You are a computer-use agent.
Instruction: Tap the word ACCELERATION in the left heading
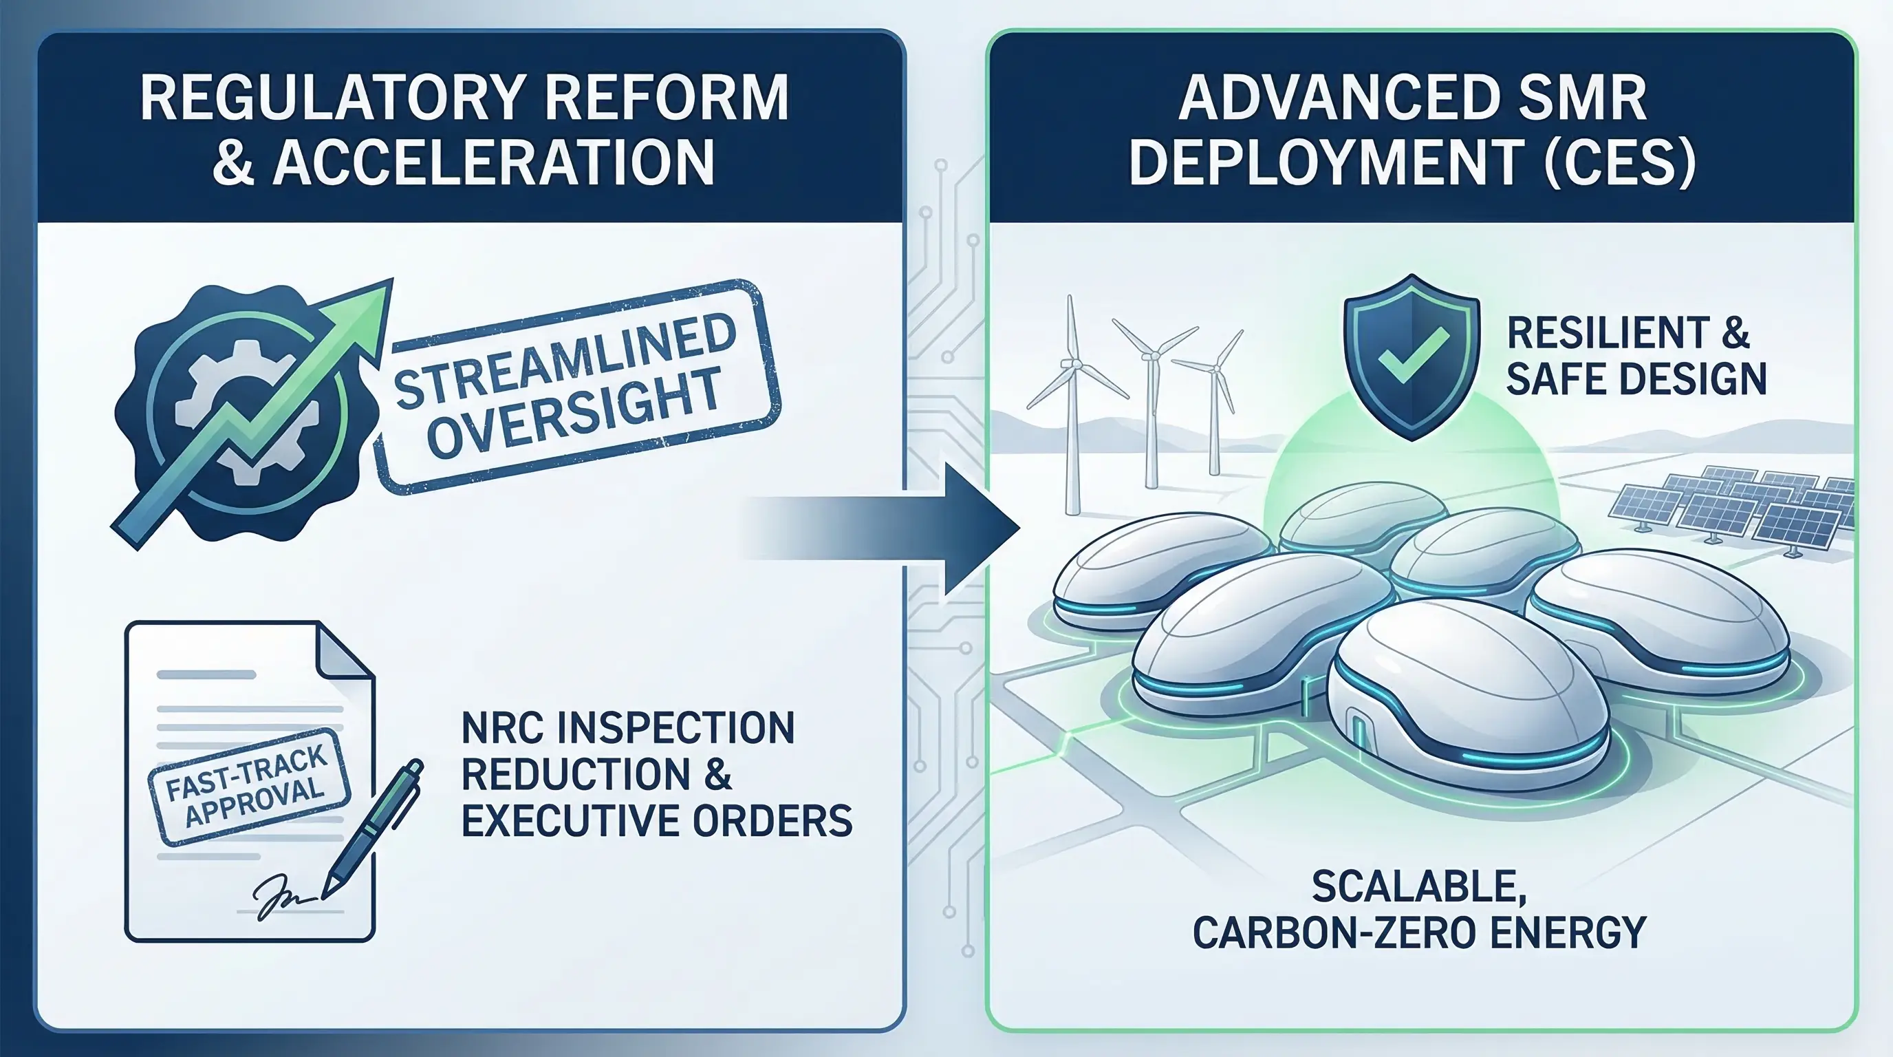493,162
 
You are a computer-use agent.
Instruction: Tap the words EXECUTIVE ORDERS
657,820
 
